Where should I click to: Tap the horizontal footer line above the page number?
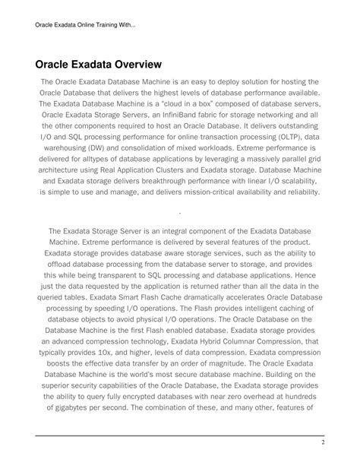[180, 435]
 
